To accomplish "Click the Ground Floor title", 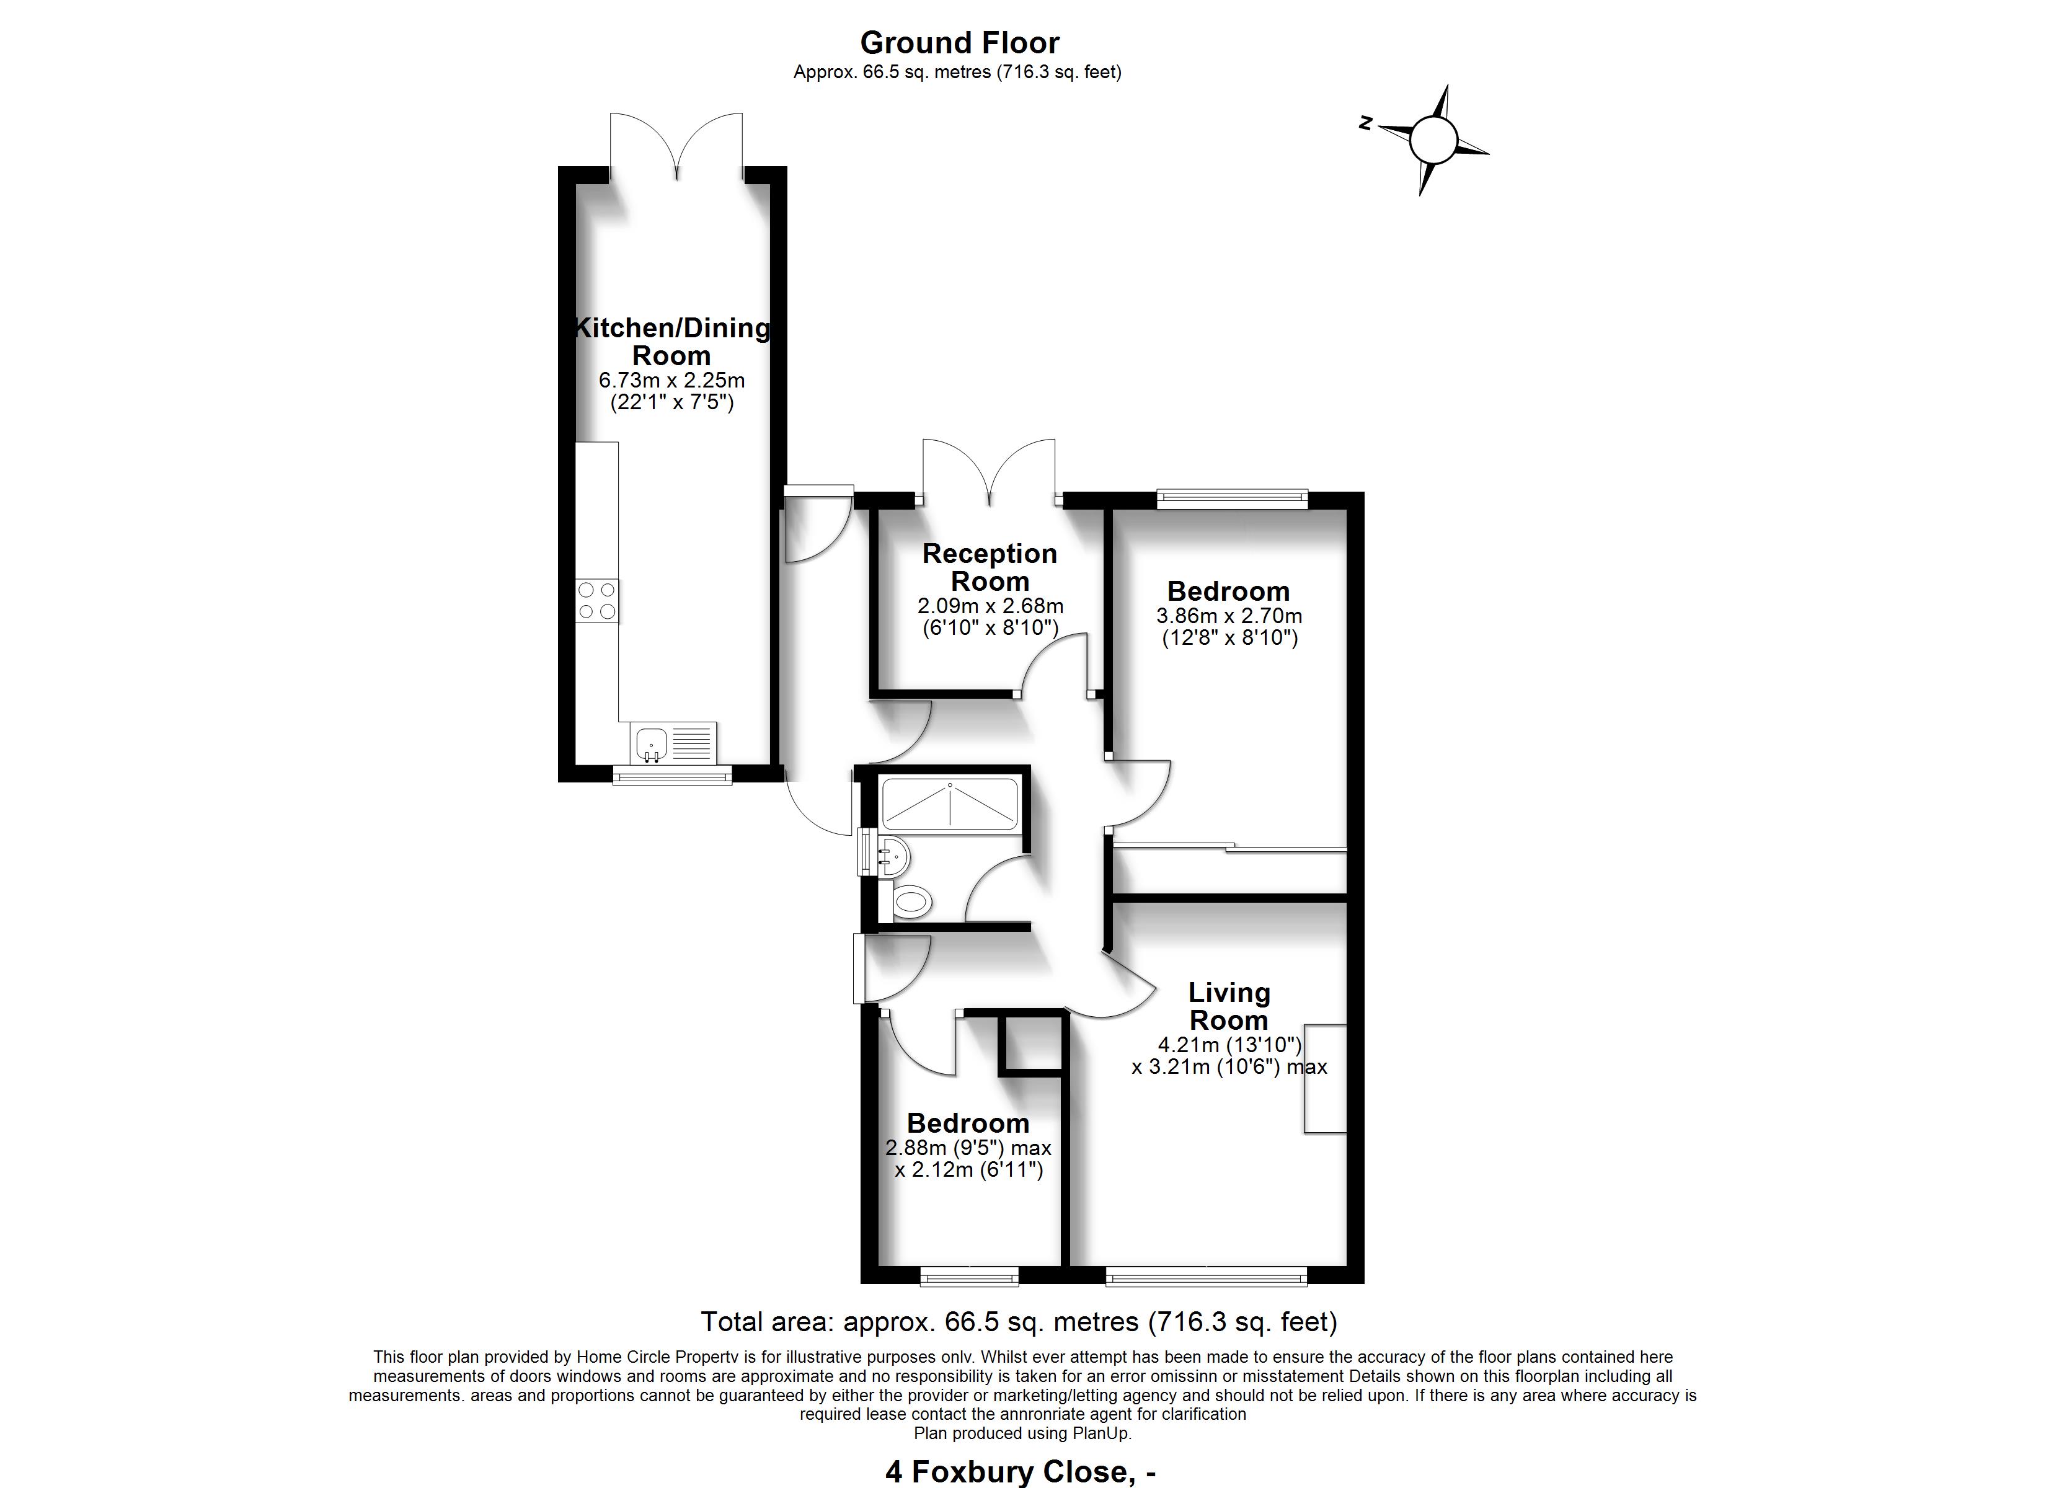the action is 959,42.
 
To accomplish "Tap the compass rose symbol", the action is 1433,141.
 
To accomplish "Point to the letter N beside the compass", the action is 1366,123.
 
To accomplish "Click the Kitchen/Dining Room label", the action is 672,341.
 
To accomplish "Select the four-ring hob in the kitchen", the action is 597,600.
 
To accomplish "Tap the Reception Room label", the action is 990,567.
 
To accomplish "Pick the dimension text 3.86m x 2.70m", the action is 1229,616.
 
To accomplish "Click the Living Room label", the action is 1229,1006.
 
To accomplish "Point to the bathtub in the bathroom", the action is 950,803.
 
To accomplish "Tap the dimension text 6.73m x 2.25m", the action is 672,381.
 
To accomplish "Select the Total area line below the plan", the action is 1019,1322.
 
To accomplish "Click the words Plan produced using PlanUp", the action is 1022,1433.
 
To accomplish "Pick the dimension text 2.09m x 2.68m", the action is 990,606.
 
